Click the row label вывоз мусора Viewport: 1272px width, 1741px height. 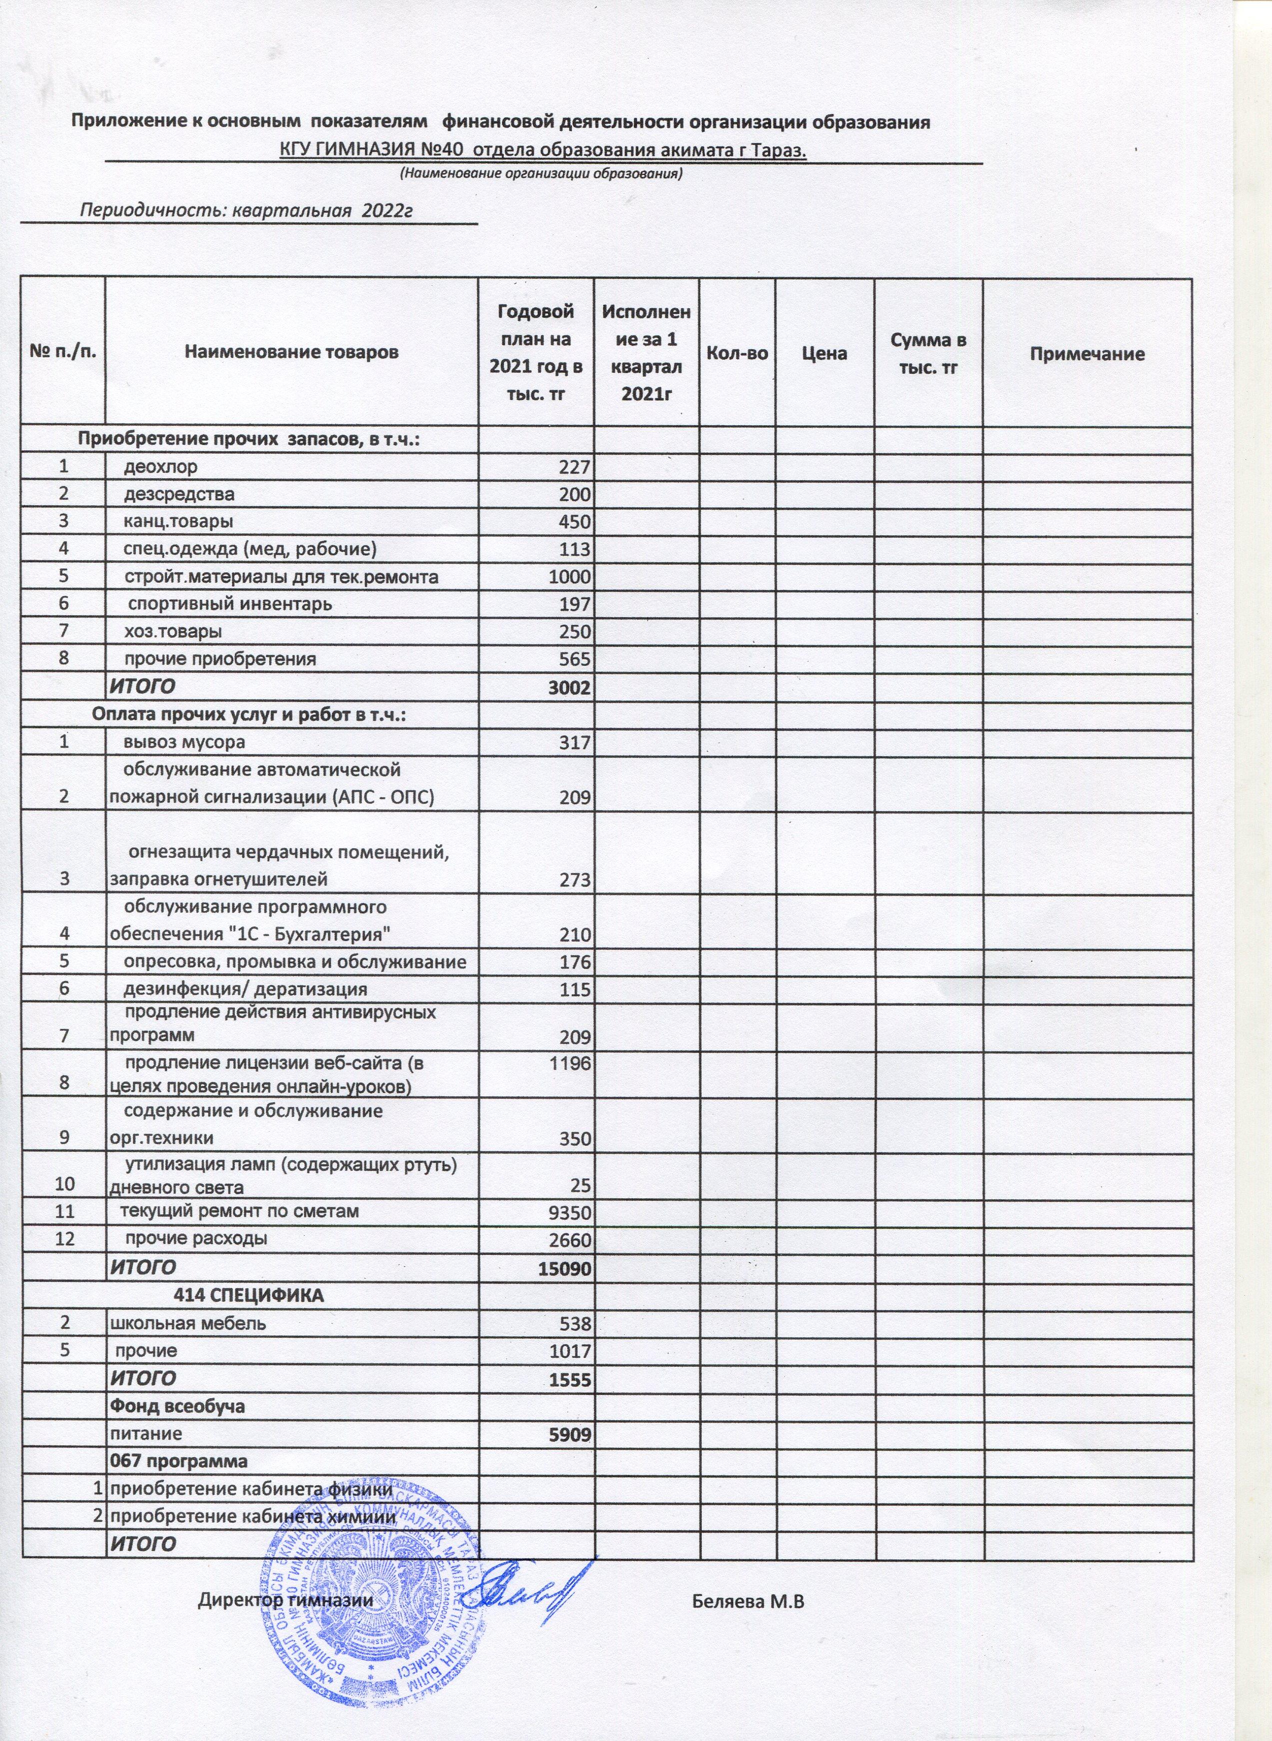coord(185,742)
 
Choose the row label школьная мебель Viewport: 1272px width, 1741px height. coord(189,1323)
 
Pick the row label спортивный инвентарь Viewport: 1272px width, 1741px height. coord(229,604)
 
